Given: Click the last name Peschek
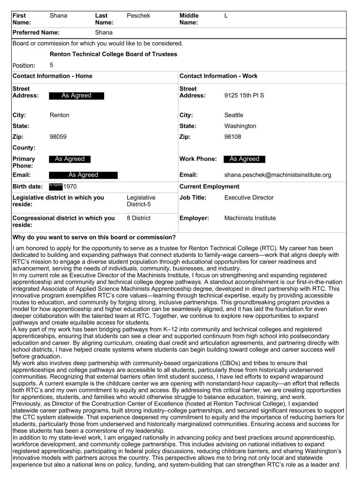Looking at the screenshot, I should click(138, 15).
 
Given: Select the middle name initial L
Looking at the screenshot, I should click(226, 15).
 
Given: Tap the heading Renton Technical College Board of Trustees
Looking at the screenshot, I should click(113, 54).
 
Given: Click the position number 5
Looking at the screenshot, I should click(52, 65).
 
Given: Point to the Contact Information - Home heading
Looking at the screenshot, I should click(52, 76).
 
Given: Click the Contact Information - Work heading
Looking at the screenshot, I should click(218, 76).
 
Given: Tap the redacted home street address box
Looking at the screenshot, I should click(76, 96).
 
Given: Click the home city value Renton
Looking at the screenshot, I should click(59, 115).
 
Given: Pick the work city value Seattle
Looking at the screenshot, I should click(233, 115).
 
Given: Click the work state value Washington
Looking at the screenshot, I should click(240, 126).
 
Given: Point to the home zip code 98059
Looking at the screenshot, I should click(58, 137).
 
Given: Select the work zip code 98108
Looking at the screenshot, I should click(233, 137).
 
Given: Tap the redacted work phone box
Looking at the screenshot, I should click(244, 159).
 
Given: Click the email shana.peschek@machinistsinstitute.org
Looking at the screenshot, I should click(277, 175).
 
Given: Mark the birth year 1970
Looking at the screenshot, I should click(70, 187).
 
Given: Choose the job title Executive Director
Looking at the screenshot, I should click(249, 197).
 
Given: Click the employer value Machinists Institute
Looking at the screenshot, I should click(250, 218).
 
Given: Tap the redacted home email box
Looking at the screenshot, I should click(83, 175).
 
